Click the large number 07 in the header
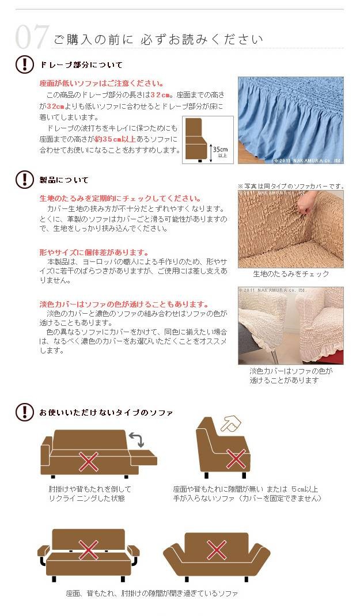[x=33, y=37]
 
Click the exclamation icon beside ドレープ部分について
[x=24, y=64]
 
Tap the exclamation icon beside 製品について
[x=24, y=180]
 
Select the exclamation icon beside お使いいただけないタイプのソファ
[x=24, y=412]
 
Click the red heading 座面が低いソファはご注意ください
[x=101, y=83]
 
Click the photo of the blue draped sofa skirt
[x=290, y=120]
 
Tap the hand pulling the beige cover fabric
[x=306, y=205]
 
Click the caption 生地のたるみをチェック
[x=291, y=274]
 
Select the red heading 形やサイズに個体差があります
[x=94, y=253]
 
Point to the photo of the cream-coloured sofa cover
[x=290, y=326]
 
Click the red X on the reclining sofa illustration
[x=89, y=462]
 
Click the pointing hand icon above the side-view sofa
[x=231, y=424]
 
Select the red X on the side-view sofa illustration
[x=236, y=459]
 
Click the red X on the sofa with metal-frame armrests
[x=89, y=550]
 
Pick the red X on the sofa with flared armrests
[x=217, y=550]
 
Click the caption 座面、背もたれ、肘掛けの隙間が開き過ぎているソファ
[x=151, y=593]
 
